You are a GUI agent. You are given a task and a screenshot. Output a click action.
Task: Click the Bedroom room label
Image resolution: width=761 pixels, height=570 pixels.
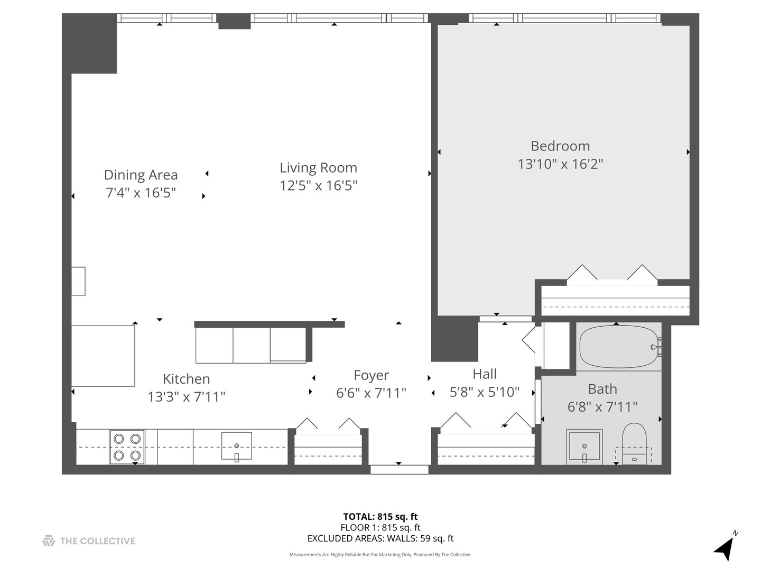[560, 146]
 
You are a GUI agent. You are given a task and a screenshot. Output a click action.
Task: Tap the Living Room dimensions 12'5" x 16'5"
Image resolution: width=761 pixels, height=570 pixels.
[318, 186]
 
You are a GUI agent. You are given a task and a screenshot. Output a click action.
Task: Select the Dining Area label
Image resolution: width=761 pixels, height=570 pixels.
[141, 175]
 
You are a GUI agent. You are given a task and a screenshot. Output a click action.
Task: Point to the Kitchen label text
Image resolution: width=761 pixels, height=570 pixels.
[186, 379]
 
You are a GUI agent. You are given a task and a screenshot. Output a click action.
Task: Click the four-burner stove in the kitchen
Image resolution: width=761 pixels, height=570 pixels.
[127, 447]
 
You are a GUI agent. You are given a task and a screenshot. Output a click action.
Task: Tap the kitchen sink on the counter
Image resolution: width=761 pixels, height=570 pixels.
[236, 446]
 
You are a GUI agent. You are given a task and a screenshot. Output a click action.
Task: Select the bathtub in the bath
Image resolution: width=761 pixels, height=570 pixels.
[619, 347]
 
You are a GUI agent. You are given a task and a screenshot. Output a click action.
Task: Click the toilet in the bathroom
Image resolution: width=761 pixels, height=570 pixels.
[634, 443]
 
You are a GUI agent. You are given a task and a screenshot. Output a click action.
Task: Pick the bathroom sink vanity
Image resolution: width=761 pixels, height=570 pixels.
[584, 446]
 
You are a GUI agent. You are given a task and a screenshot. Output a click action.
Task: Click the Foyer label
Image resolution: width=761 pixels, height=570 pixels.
[371, 375]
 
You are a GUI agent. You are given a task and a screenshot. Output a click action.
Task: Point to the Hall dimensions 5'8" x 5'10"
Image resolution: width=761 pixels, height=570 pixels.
[484, 392]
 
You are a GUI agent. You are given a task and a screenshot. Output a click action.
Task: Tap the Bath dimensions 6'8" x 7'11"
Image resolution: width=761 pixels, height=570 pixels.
[602, 407]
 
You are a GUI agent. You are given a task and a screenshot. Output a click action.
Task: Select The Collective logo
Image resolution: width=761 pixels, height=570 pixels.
[89, 541]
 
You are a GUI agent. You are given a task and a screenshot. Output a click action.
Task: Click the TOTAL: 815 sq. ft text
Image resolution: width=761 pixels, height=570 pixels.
[380, 517]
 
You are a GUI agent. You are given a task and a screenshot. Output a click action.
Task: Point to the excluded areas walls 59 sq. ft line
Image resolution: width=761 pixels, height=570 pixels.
[380, 539]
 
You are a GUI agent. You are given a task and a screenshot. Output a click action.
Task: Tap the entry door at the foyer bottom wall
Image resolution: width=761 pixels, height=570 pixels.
[399, 469]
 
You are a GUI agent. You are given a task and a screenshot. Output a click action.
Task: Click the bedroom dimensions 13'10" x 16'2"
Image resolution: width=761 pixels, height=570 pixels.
[560, 164]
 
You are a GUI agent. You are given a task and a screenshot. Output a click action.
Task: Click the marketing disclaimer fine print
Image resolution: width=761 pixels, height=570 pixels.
[380, 555]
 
